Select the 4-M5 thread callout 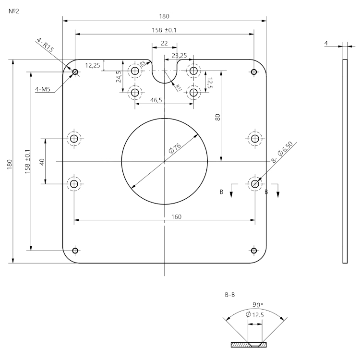pos(43,89)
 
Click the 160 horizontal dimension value pos(176,216)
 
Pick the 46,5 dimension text pos(156,100)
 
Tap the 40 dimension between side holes pos(42,162)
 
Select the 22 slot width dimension pos(164,43)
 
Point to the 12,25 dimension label pos(93,65)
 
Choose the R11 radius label pos(179,87)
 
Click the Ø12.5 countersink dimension pos(254,314)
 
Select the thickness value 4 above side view pos(326,44)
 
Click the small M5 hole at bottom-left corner pos(74,251)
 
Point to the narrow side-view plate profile pos(344,161)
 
